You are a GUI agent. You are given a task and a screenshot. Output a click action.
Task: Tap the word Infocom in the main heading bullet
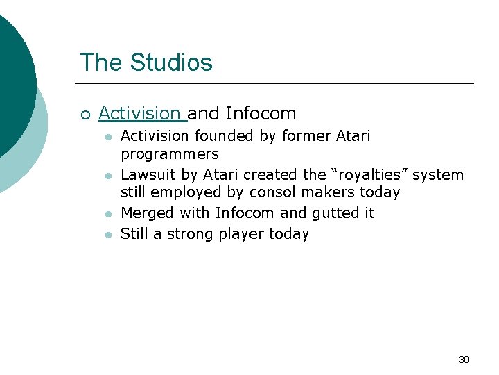coord(261,113)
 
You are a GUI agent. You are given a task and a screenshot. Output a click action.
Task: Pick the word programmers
coord(169,153)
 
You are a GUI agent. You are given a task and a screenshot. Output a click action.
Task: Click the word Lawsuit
coord(146,174)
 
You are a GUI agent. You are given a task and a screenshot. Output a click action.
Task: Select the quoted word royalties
coord(370,174)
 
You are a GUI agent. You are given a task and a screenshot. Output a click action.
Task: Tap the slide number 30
coord(464,359)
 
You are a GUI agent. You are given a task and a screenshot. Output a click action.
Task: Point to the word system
coord(438,174)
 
